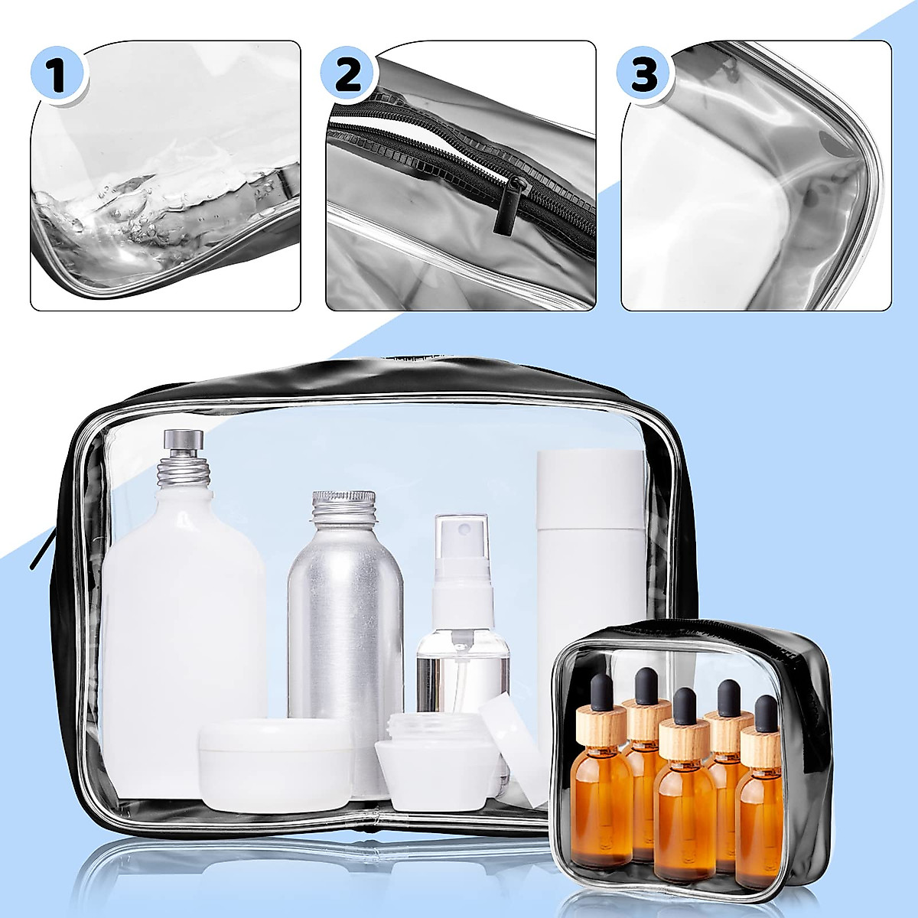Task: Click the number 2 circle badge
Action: (349, 74)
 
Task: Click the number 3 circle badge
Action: (645, 74)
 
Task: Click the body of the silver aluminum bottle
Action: (345, 635)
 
